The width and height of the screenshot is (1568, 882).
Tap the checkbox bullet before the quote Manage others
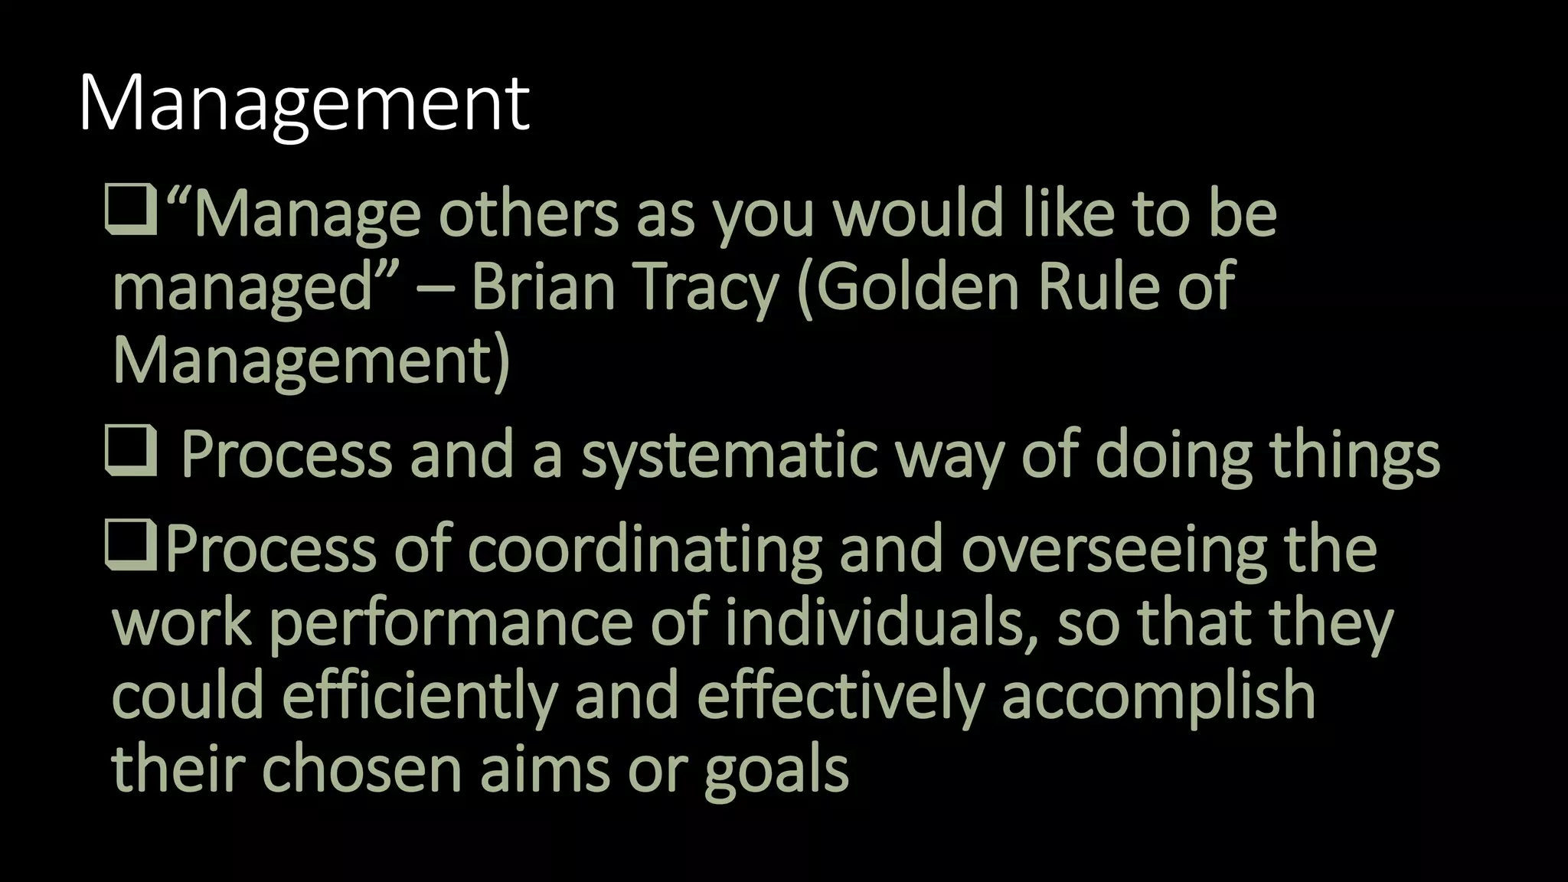pyautogui.click(x=131, y=212)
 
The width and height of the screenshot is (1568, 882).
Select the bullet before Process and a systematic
pyautogui.click(x=131, y=452)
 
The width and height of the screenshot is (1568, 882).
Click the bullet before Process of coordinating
pyautogui.click(x=131, y=548)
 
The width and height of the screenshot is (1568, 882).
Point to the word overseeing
pyautogui.click(x=1114, y=550)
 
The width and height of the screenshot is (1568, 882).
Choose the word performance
pyautogui.click(x=451, y=623)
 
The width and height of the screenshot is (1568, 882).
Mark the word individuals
pyautogui.click(x=877, y=622)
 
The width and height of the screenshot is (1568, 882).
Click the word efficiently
pyautogui.click(x=420, y=695)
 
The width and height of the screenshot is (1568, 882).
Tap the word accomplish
pyautogui.click(x=1158, y=695)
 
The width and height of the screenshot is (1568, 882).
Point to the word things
pyautogui.click(x=1354, y=455)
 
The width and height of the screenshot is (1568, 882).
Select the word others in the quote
pyautogui.click(x=528, y=214)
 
